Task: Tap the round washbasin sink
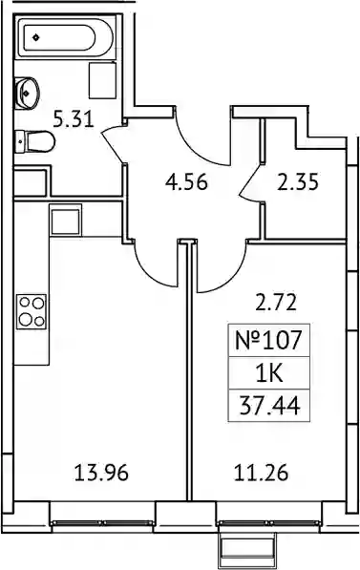26,93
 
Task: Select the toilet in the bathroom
35,142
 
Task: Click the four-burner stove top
32,311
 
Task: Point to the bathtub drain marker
35,37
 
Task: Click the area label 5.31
74,119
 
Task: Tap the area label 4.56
186,181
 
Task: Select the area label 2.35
298,181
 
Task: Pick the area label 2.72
276,303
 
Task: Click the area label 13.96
101,474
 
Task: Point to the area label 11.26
261,474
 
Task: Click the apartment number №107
268,341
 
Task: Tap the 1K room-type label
269,373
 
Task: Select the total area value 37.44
269,406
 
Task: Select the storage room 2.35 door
252,183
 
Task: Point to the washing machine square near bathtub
102,80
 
